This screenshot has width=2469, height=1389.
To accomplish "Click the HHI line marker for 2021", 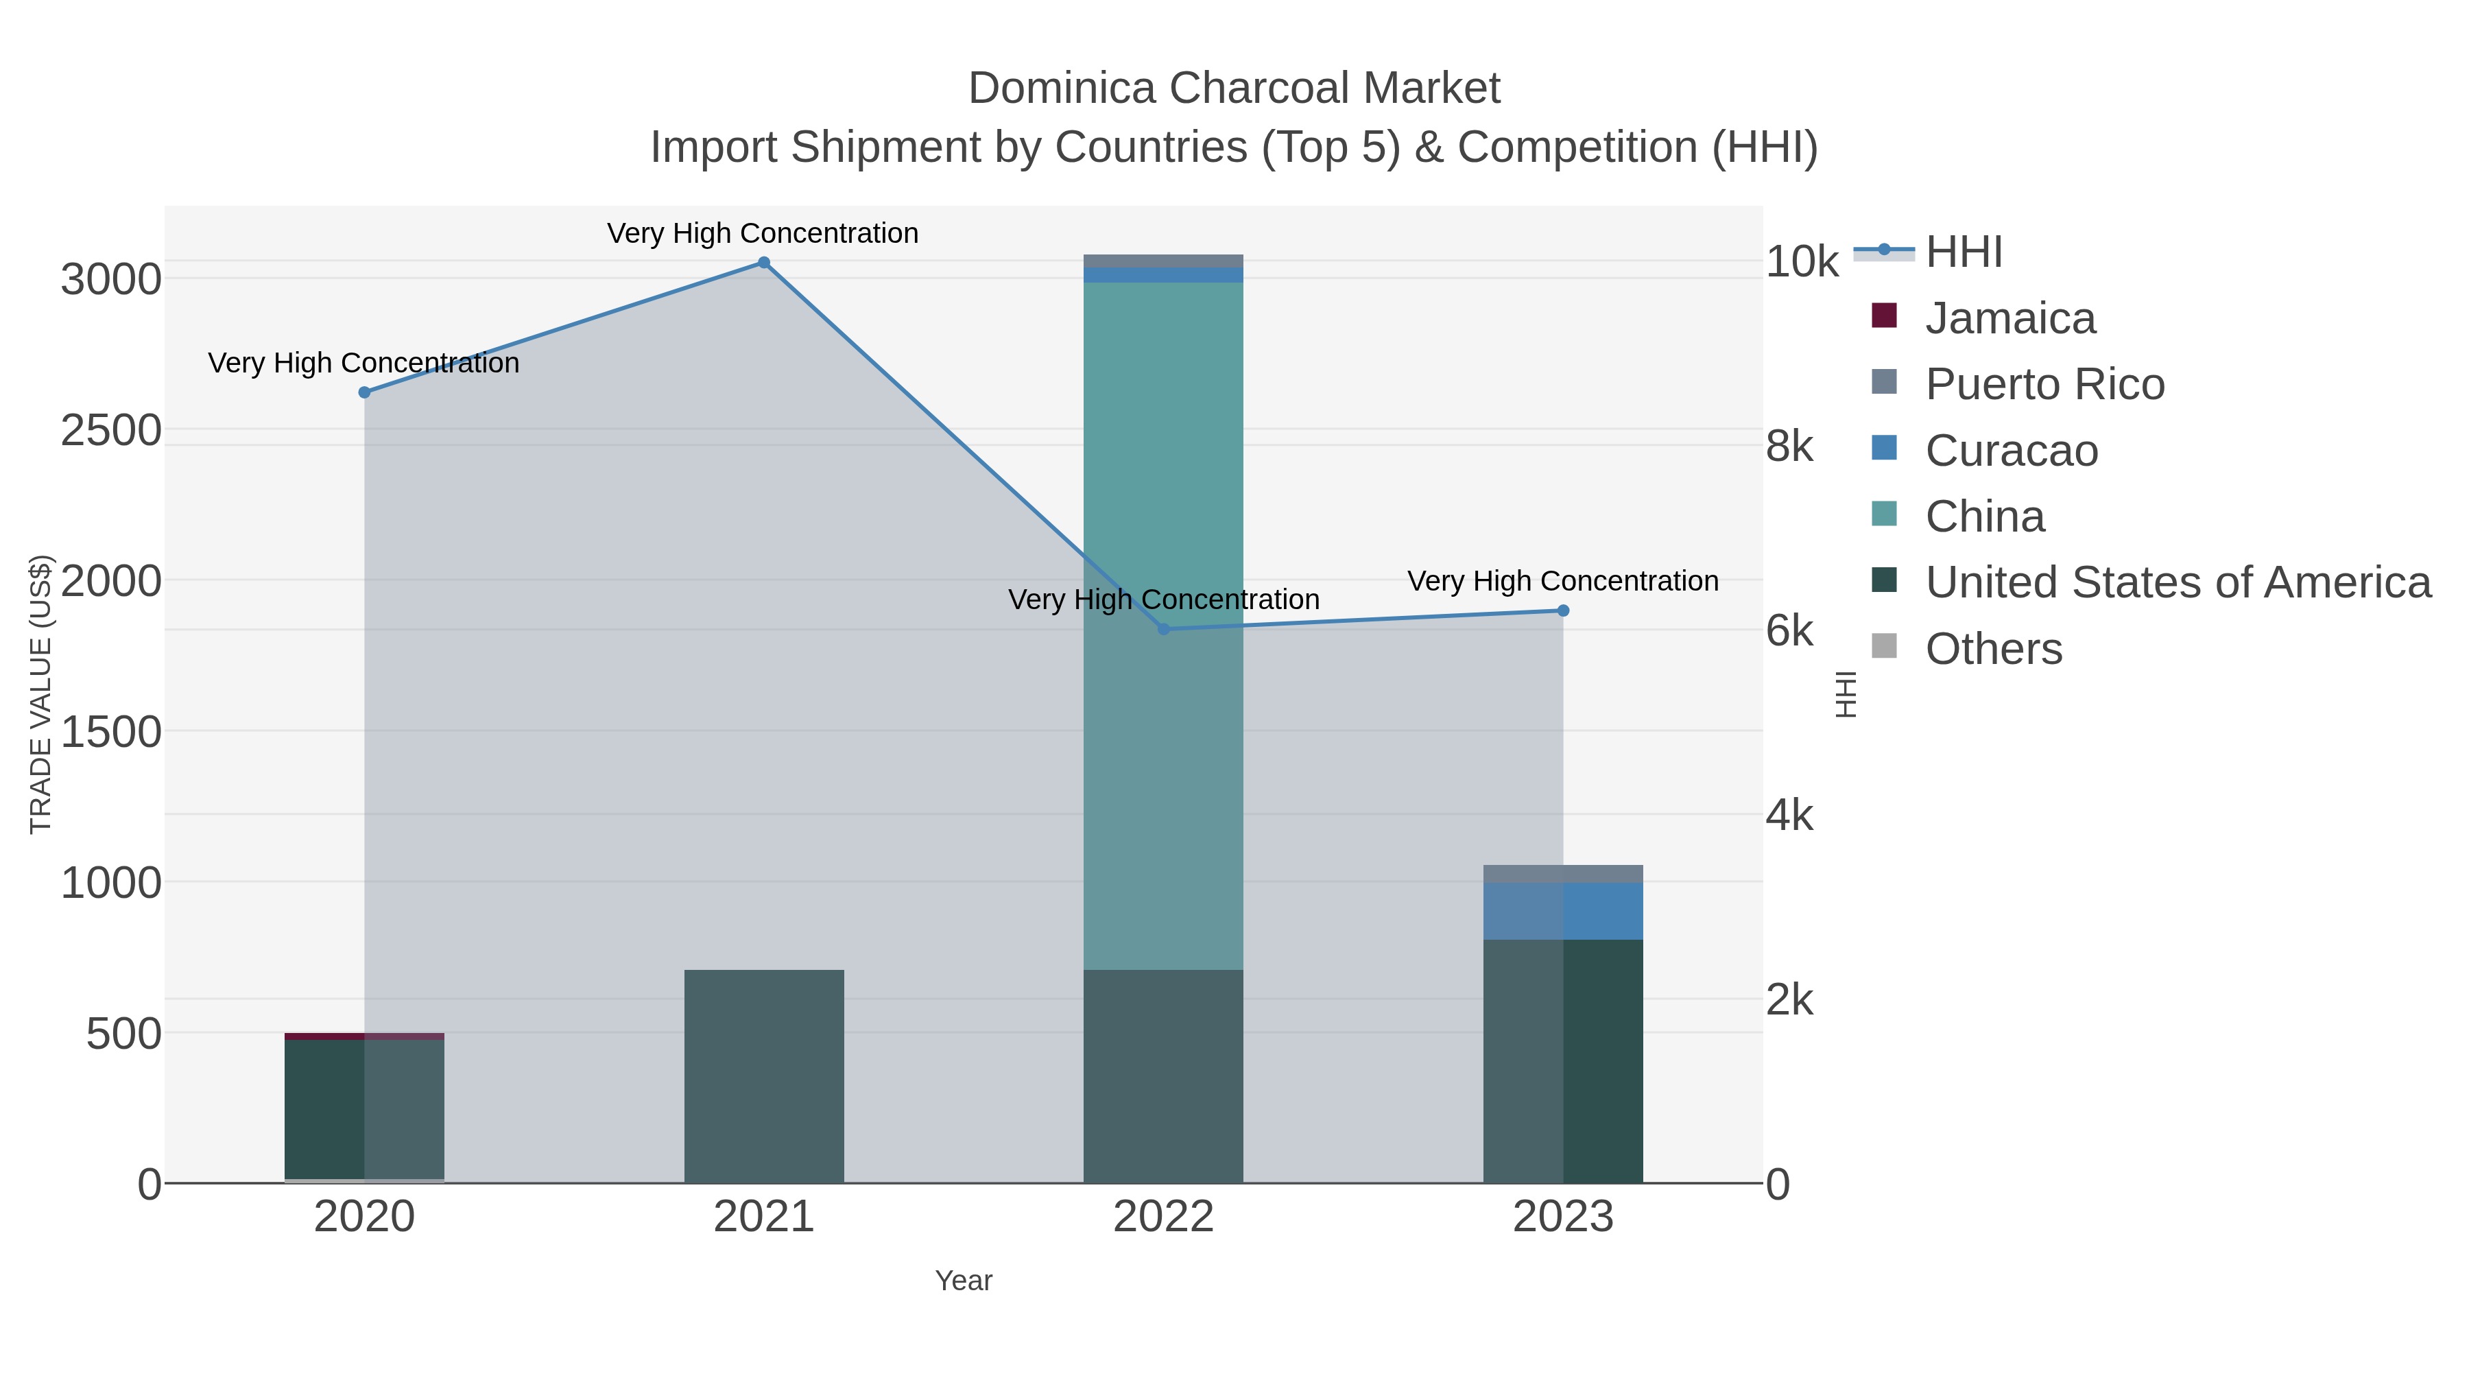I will coord(764,263).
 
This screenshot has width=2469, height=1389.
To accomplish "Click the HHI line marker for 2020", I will coord(364,392).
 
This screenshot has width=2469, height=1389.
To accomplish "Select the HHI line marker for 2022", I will coord(1164,629).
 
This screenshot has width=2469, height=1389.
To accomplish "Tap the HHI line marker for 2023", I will coord(1563,610).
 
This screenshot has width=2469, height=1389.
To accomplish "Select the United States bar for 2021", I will coord(764,1076).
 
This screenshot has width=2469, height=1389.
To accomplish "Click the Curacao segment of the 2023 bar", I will coord(1563,911).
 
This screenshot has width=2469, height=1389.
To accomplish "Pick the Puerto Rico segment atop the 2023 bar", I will coord(1563,873).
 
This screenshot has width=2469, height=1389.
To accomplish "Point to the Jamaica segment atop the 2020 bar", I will coord(364,1036).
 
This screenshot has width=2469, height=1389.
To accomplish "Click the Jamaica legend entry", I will coord(2010,318).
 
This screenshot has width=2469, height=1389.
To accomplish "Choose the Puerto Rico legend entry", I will coord(2044,384).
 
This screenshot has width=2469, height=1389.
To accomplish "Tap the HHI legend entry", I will coord(1963,252).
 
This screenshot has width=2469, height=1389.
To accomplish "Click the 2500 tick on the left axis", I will coord(111,430).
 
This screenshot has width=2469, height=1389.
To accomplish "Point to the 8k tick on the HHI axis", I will coord(1789,447).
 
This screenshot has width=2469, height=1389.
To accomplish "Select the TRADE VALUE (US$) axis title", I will coord(41,694).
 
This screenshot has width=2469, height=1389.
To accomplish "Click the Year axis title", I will coord(964,1281).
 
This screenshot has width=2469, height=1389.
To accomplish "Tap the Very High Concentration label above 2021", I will coord(763,233).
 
